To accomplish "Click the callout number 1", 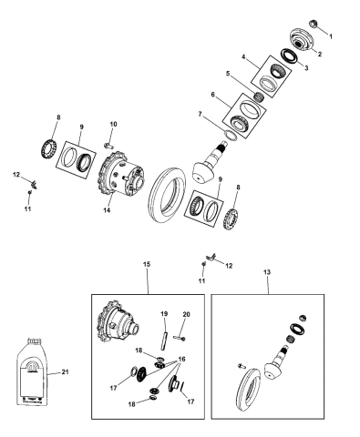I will [x=332, y=36].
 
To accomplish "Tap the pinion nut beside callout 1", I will [x=314, y=23].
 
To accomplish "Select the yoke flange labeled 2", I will [x=300, y=41].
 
